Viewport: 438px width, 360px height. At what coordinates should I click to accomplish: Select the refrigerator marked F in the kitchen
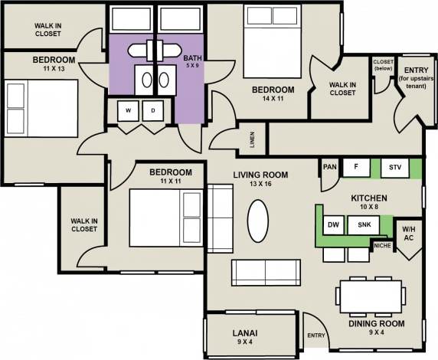coord(355,166)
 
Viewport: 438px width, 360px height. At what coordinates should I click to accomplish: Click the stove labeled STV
coord(394,167)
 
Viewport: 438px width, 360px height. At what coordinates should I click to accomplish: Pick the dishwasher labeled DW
coord(333,225)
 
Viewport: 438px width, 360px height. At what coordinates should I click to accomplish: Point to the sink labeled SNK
coord(364,225)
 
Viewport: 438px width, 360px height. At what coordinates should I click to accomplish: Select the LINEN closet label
coord(252,139)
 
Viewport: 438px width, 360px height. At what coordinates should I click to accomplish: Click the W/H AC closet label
coord(408,233)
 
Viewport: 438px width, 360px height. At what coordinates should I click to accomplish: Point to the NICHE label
coord(381,246)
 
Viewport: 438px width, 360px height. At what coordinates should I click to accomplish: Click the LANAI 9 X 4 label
coord(246,338)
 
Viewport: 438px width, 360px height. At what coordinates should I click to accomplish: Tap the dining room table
coord(371,296)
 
